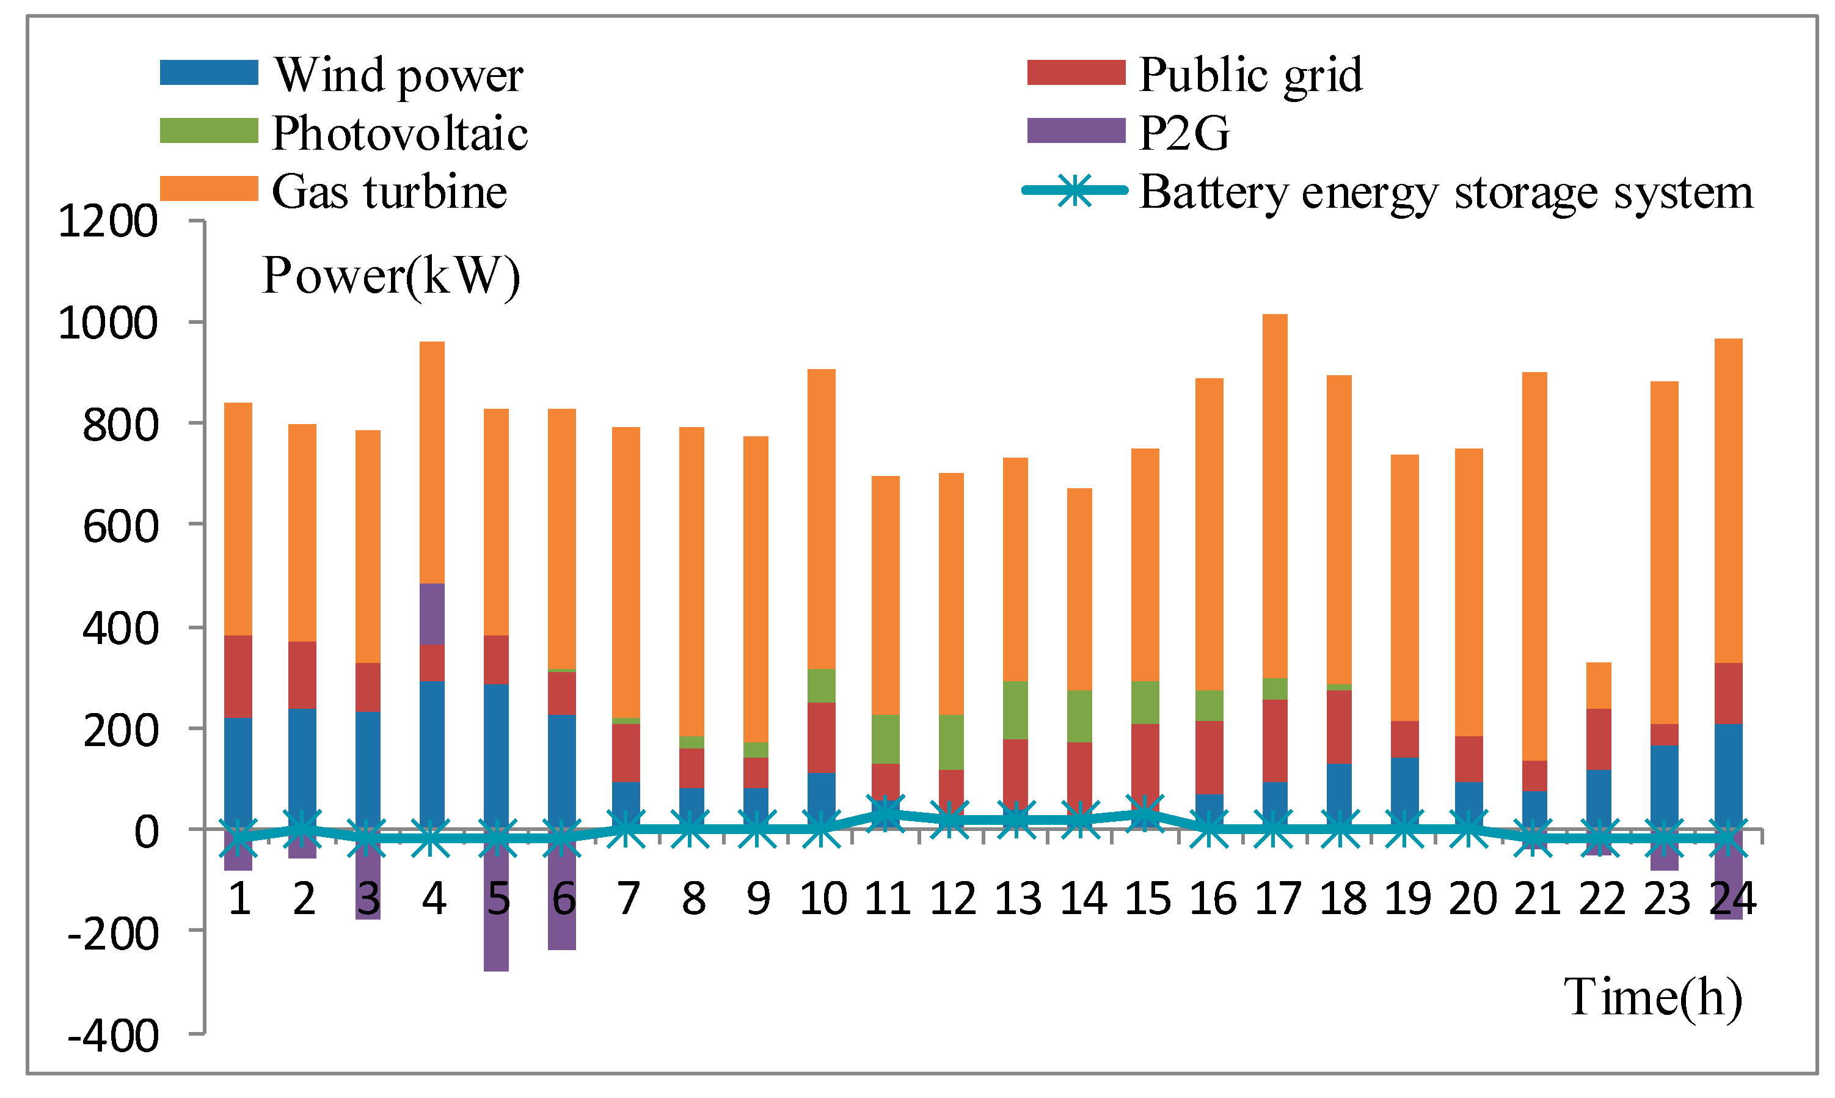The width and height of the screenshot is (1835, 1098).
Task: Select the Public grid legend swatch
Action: pos(1076,73)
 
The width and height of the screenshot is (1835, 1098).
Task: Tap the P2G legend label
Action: pos(1183,133)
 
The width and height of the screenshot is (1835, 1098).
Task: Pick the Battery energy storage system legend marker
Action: pos(1074,191)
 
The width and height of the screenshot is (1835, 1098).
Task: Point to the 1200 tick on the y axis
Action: pos(108,221)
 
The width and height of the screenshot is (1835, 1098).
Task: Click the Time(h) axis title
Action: pos(1652,997)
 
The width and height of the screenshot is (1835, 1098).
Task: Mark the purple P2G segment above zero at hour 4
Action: pos(432,614)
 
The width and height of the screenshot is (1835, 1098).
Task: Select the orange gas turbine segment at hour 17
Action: pos(1274,496)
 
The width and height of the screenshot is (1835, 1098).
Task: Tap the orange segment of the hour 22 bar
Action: pos(1599,685)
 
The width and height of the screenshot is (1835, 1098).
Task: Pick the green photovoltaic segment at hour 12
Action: pos(950,742)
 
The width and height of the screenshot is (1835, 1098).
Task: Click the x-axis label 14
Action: pos(1082,898)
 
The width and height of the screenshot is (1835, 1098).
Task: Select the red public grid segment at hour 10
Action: pos(821,737)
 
